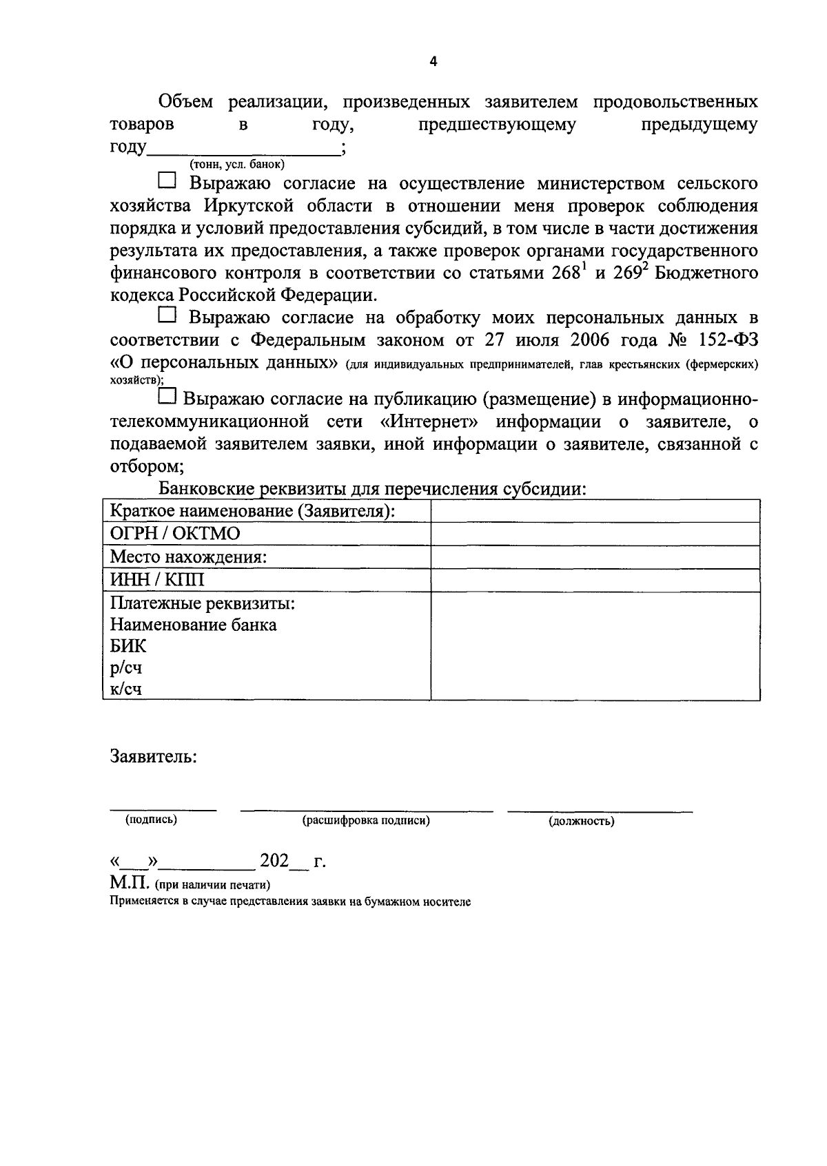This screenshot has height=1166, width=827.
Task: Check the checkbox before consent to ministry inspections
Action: click(x=167, y=181)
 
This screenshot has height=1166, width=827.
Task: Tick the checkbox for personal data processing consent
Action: click(x=167, y=315)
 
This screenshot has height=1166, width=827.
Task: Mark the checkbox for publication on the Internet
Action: click(x=167, y=396)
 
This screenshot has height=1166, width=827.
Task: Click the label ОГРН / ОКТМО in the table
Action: click(x=175, y=534)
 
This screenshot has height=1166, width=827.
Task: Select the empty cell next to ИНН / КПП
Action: click(x=595, y=580)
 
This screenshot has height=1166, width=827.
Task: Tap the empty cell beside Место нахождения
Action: click(x=595, y=556)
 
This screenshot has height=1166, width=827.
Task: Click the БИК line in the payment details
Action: click(x=128, y=646)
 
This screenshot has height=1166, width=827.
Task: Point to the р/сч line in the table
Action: click(x=126, y=667)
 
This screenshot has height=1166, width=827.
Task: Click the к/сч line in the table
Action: click(x=126, y=689)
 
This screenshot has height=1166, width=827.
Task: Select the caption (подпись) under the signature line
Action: click(x=151, y=820)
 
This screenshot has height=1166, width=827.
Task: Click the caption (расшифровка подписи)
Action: click(x=366, y=820)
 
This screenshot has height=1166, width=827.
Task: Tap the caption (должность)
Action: click(x=582, y=821)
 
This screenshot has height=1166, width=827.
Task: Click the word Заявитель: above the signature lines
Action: click(x=154, y=756)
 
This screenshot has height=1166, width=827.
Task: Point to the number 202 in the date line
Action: click(x=274, y=861)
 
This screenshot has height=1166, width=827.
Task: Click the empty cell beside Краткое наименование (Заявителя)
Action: click(x=595, y=511)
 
